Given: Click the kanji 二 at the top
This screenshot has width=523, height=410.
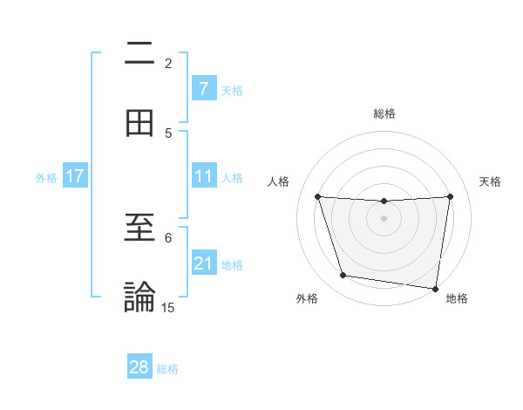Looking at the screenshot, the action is point(139,55).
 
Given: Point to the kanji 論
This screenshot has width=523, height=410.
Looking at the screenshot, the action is point(139,297).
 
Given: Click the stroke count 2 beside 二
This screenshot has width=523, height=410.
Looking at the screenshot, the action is point(168,64).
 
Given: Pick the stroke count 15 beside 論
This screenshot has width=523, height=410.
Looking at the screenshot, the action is point(168,307).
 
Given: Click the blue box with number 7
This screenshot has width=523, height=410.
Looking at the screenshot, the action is point(204,88).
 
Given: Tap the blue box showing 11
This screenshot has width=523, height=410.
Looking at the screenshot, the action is point(204,176).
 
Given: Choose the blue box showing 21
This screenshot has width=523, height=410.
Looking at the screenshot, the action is point(204,263).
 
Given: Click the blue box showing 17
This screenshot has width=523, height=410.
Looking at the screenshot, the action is point(75,176).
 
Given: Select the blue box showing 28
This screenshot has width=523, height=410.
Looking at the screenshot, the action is point(139,367).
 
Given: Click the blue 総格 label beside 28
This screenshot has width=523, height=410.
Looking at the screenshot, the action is point(167,369).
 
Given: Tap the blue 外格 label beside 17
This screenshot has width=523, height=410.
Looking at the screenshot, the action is point(46,178).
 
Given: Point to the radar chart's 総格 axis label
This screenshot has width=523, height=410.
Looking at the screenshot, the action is point(384,113).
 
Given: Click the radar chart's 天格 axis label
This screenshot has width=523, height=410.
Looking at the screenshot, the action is point(491,181).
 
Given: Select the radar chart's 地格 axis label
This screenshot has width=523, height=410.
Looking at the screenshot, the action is point(457,298).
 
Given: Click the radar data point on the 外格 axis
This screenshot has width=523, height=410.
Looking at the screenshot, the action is point(343,276).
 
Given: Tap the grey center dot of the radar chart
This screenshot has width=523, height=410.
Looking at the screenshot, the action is point(384,218).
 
